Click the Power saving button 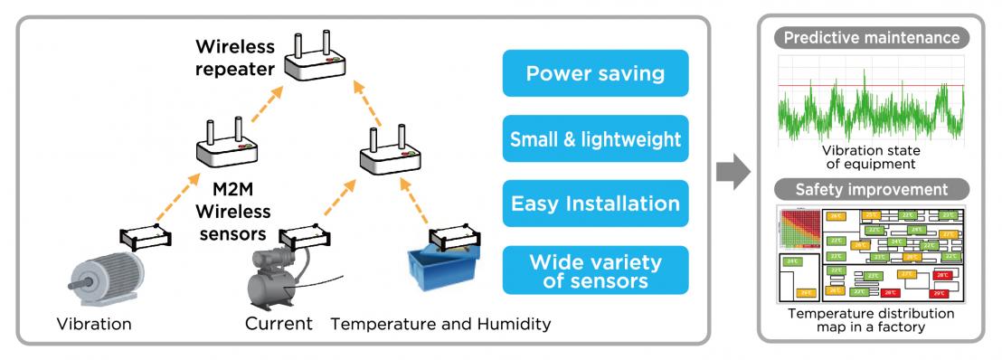pyautogui.click(x=595, y=73)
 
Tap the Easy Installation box pyautogui.click(x=595, y=203)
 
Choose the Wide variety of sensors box pyautogui.click(x=595, y=270)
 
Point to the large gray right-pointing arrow pyautogui.click(x=733, y=172)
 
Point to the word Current pyautogui.click(x=279, y=323)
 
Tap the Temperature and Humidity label pyautogui.click(x=440, y=323)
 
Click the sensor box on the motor pyautogui.click(x=146, y=237)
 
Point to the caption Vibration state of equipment pyautogui.click(x=870, y=157)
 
